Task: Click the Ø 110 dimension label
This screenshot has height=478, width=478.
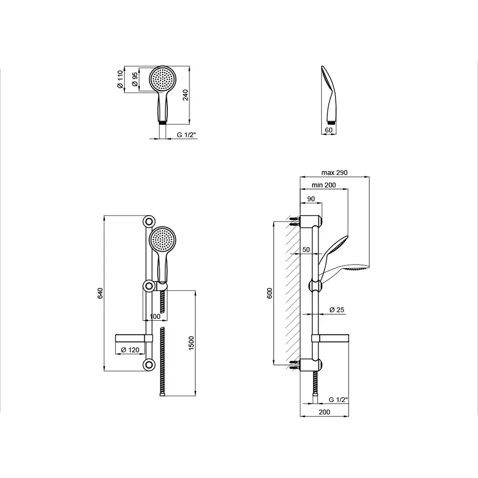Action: pos(120,80)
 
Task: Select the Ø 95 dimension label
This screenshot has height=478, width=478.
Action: pos(134,80)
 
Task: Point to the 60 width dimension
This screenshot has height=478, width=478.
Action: pos(329,130)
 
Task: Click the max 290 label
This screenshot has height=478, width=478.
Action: pos(335,173)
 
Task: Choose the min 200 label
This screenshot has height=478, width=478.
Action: pos(324,185)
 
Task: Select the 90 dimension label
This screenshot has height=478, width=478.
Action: pos(311,199)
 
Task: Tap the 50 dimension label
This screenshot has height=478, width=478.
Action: pos(306,250)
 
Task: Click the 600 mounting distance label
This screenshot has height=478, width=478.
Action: pos(269,293)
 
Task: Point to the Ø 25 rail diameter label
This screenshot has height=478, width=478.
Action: pos(337,310)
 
